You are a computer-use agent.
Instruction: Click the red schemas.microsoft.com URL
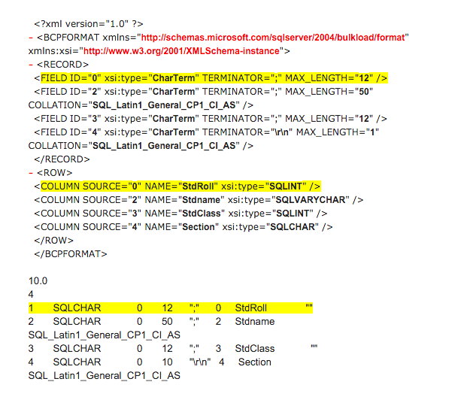pyautogui.click(x=273, y=38)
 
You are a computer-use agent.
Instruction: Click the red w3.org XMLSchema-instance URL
pyautogui.click(x=181, y=51)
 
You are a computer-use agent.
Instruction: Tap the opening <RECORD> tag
pyautogui.click(x=62, y=65)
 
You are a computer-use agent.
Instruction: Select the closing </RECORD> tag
pyautogui.click(x=62, y=159)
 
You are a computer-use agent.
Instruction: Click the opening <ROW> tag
pyautogui.click(x=54, y=173)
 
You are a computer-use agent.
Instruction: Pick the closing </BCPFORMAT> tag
pyautogui.click(x=71, y=254)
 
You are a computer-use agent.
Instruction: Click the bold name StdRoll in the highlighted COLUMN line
pyautogui.click(x=198, y=186)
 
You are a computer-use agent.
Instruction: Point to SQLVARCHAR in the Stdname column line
pyautogui.click(x=311, y=200)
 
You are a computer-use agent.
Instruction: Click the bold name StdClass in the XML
pyautogui.click(x=202, y=214)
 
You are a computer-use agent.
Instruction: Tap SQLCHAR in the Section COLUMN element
pyautogui.click(x=293, y=227)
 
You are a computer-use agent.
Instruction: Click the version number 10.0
pyautogui.click(x=38, y=280)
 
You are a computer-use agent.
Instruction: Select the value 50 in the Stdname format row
pyautogui.click(x=167, y=322)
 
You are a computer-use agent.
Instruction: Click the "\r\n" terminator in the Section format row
pyautogui.click(x=200, y=362)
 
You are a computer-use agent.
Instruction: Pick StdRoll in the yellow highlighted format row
pyautogui.click(x=250, y=308)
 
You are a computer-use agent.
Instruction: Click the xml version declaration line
pyautogui.click(x=89, y=24)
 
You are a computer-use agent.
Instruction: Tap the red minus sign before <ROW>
pyautogui.click(x=31, y=173)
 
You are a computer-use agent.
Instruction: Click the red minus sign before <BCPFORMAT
pyautogui.click(x=31, y=38)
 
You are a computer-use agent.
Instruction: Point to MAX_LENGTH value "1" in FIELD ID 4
pyautogui.click(x=372, y=132)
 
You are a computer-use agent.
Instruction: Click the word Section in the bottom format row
pyautogui.click(x=255, y=362)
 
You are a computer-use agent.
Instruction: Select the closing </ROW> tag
pyautogui.click(x=53, y=241)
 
